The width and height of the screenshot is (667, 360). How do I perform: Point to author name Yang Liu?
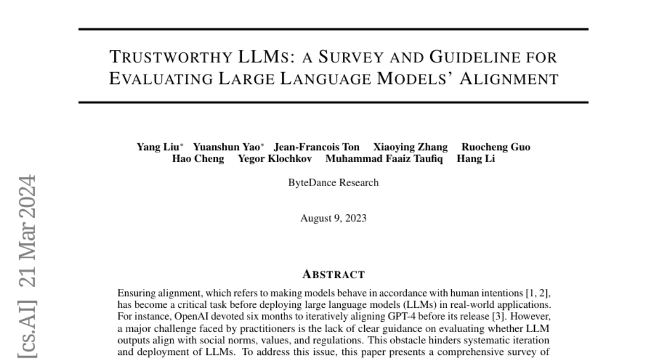coord(157,147)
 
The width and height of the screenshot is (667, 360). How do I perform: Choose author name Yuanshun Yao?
coord(227,147)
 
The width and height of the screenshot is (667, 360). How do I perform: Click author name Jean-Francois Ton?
coord(316,147)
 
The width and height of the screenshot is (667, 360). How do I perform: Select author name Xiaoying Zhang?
coord(410,147)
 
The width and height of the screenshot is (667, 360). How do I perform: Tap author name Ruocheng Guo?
coord(496,147)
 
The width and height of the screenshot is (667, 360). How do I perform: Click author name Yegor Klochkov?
coord(275,159)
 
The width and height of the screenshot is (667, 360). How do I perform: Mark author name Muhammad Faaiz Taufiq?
coord(384,159)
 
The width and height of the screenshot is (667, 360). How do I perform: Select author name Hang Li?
coord(476,159)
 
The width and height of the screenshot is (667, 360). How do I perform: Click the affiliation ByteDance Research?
coord(333,183)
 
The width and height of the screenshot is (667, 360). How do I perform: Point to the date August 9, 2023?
coord(333,218)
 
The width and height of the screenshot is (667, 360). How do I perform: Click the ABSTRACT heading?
coord(333,274)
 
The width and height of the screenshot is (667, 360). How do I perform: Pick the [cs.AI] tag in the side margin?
coord(28,328)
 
